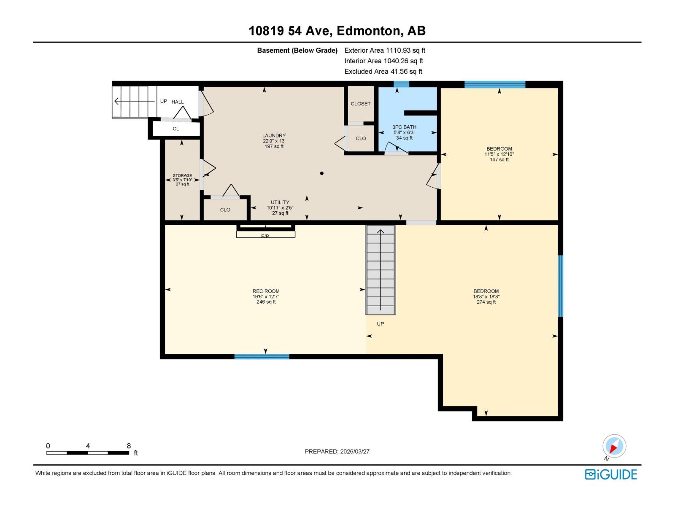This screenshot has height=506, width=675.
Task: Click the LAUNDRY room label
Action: (x=274, y=135)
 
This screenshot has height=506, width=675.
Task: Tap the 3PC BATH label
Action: (x=404, y=127)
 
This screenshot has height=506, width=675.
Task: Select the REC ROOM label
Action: (x=266, y=291)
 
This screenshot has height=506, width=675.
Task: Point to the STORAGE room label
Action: (x=182, y=175)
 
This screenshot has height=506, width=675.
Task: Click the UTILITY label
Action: (x=280, y=202)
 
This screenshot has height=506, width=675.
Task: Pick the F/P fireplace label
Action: (x=265, y=236)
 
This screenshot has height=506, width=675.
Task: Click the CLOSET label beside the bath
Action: (x=360, y=104)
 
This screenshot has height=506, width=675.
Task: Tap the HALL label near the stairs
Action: (x=178, y=102)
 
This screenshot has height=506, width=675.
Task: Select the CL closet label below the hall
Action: (x=175, y=129)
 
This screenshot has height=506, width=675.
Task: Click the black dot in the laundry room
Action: (x=321, y=173)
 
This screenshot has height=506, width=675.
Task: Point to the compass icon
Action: (x=614, y=446)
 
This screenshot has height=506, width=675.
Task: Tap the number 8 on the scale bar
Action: (x=129, y=445)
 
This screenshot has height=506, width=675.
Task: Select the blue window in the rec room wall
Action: (x=262, y=357)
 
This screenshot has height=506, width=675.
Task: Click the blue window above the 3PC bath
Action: (x=401, y=84)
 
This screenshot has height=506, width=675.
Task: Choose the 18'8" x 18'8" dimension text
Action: (x=486, y=296)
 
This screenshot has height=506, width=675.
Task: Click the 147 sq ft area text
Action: (x=499, y=159)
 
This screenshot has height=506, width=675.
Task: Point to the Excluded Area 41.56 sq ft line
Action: (x=383, y=72)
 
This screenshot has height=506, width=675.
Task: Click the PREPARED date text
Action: (x=337, y=451)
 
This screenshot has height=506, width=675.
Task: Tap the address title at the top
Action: (x=337, y=31)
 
